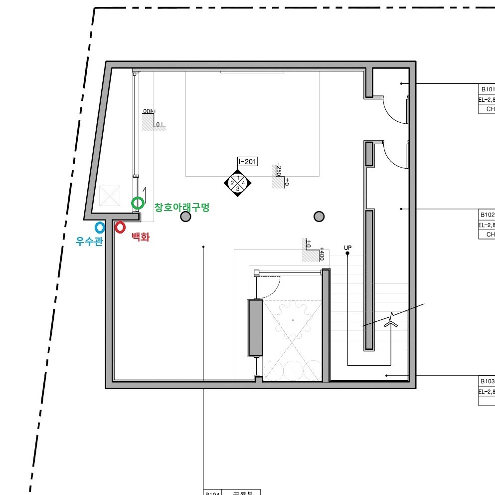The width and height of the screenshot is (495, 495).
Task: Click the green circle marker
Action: [x=138, y=203]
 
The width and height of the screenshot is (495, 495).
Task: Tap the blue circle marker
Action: [x=100, y=228]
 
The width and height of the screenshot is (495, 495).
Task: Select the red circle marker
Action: [x=120, y=228]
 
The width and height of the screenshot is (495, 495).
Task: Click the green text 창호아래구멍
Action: [x=181, y=207]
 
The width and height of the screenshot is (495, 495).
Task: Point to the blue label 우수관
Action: [x=89, y=242]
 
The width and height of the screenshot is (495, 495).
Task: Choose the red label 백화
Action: [x=140, y=238]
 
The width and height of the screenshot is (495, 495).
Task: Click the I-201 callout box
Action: [x=247, y=161]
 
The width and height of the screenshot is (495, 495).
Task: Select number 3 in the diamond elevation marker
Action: [x=238, y=189]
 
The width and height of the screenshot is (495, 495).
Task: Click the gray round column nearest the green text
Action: [x=185, y=217]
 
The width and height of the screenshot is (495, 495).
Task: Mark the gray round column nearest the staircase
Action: [x=319, y=217]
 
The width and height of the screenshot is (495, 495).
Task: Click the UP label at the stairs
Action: [x=347, y=247]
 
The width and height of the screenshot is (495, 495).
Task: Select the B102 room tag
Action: [x=487, y=215]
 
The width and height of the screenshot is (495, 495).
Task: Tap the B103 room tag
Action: [x=487, y=381]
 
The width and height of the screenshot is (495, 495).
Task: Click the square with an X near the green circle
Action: [x=110, y=196]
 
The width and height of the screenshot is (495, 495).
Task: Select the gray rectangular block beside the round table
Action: [x=255, y=327]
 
